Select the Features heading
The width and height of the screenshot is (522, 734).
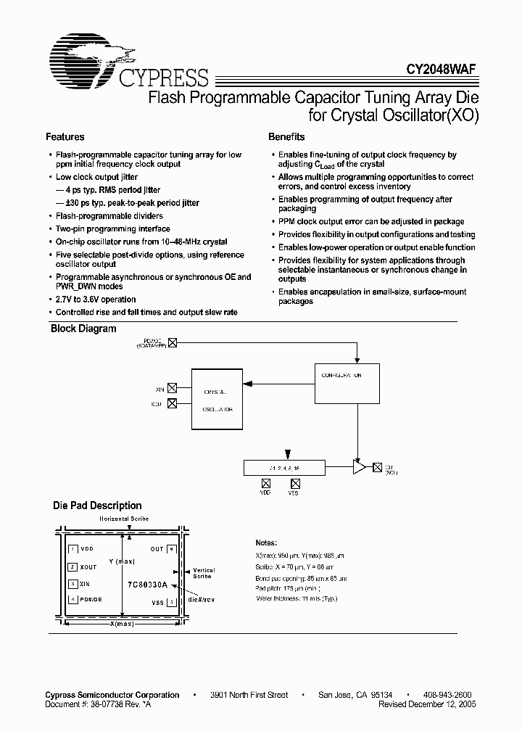click(65, 137)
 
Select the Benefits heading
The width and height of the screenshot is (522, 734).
click(286, 137)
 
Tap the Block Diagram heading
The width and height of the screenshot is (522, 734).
click(83, 329)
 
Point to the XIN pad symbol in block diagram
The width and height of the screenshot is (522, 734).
click(172, 389)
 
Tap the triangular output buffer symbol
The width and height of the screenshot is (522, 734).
click(359, 469)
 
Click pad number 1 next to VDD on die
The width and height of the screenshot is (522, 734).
click(72, 550)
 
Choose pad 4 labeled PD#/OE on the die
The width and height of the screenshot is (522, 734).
click(72, 600)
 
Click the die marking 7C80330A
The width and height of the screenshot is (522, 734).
click(148, 583)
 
